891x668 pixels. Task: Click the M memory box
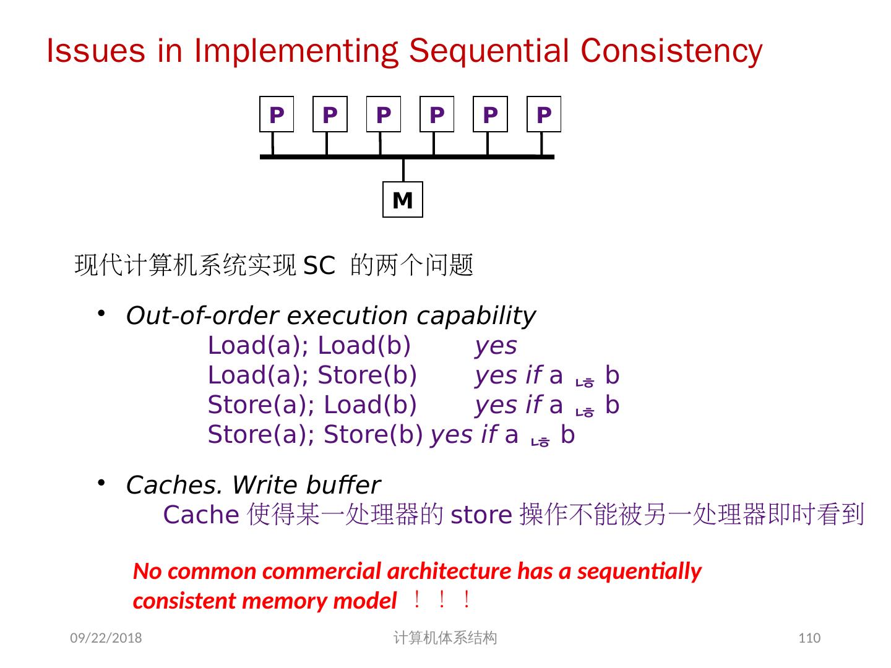tap(402, 200)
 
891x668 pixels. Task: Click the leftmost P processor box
tap(277, 114)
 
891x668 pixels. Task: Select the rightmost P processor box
tap(543, 114)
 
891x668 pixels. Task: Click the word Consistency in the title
tap(671, 51)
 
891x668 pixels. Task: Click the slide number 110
tap(809, 638)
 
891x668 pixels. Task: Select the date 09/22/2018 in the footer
tap(106, 638)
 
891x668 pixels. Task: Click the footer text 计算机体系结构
tap(445, 638)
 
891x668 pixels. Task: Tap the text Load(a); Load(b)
tap(309, 346)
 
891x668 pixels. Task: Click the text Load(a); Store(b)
tap(312, 375)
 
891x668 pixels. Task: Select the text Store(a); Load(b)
tap(312, 405)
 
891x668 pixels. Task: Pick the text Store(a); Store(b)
tap(315, 435)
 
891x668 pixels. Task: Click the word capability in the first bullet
tap(476, 316)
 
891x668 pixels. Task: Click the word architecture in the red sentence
tap(450, 571)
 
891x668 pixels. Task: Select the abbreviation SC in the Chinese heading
tap(319, 267)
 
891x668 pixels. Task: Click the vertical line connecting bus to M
tap(403, 170)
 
